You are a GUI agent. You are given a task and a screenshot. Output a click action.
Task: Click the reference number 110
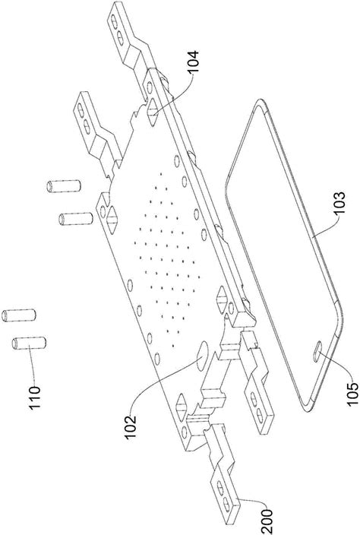[35, 397]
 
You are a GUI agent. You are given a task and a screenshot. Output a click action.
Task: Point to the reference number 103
[339, 204]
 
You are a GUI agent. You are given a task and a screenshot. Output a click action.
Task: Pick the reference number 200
[267, 522]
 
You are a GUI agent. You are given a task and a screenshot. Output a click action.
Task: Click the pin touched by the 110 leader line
[29, 343]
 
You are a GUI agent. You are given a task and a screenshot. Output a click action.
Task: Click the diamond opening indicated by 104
[153, 108]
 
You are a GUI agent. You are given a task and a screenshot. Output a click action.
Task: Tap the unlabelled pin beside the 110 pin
[19, 315]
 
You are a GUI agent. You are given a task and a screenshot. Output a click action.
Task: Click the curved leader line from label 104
[178, 93]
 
